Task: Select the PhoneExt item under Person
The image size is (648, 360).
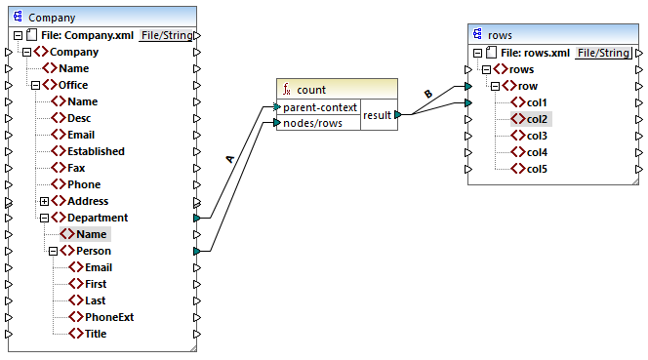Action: pos(109,317)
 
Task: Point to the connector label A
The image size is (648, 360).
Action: pos(229,159)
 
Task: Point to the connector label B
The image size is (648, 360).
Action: pos(426,94)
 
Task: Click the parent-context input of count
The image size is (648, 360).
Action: pos(321,106)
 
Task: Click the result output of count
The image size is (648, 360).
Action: pos(377,115)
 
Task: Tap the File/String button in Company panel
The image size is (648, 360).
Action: pos(166,35)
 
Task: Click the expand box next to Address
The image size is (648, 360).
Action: pos(44,201)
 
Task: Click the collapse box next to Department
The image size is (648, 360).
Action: pos(44,218)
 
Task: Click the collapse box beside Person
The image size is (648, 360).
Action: pos(53,251)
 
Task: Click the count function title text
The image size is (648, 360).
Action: pos(311,89)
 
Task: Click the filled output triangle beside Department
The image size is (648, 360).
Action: pos(197,218)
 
